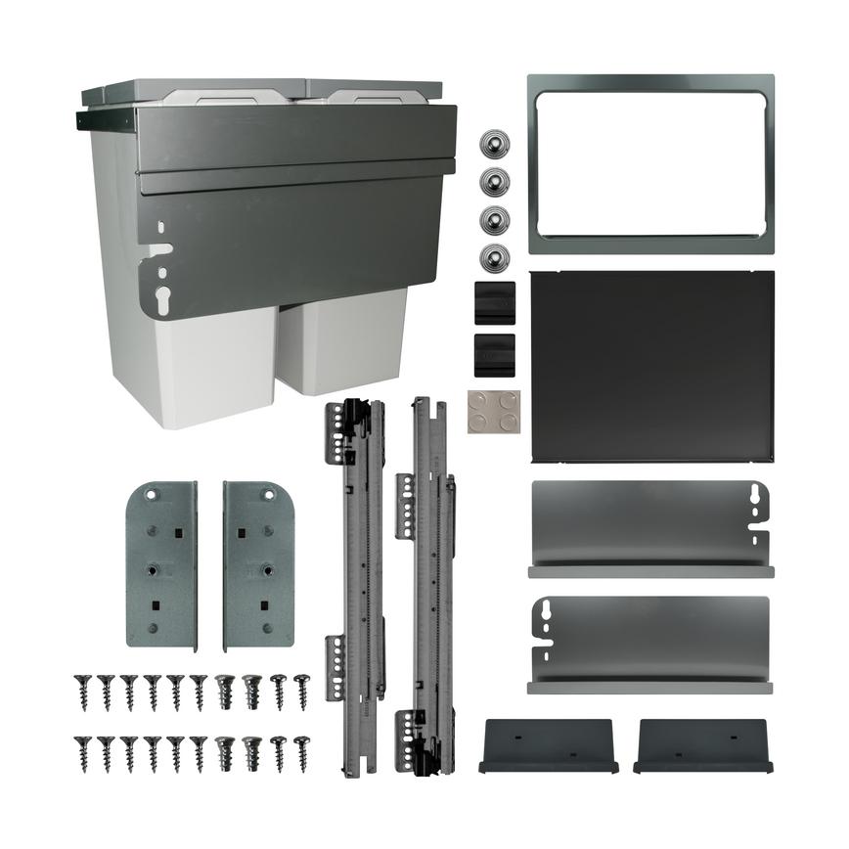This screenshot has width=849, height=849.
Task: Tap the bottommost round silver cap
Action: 495,258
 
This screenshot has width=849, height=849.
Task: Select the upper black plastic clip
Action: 495,302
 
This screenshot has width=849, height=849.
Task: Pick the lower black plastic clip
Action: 495,354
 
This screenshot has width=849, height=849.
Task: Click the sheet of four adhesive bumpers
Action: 493,412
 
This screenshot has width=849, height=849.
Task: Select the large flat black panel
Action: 651,366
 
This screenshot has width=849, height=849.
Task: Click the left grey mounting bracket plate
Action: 161,564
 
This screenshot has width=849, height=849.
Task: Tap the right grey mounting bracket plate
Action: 258,564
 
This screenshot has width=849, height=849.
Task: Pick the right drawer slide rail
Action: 427,587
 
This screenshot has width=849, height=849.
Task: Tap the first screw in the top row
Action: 83,691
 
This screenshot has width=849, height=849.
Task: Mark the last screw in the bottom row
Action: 301,753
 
